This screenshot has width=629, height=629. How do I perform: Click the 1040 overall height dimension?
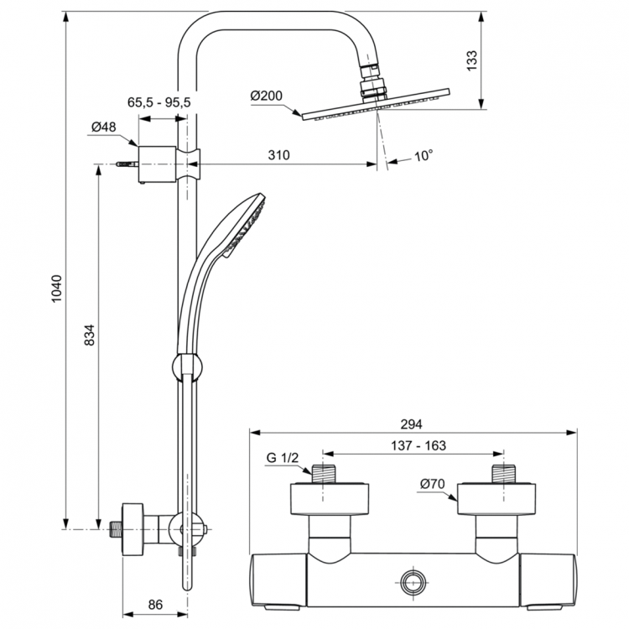click(x=55, y=289)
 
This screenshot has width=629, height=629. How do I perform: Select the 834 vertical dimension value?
click(x=91, y=335)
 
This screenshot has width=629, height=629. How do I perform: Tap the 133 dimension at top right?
click(x=471, y=60)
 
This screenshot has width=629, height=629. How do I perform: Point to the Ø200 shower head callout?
click(x=266, y=96)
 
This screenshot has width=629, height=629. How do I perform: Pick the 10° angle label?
click(x=424, y=155)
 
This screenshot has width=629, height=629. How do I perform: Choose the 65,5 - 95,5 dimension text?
click(x=159, y=101)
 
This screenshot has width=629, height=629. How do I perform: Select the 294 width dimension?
click(x=413, y=424)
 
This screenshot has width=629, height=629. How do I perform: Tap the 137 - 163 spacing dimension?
click(x=417, y=447)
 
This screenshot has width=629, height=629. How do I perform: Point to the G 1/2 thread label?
click(x=283, y=458)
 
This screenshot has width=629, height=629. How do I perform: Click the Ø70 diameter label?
click(x=431, y=483)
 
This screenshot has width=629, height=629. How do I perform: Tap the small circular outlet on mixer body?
click(x=413, y=582)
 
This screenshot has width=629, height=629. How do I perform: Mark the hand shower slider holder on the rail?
click(x=187, y=367)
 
